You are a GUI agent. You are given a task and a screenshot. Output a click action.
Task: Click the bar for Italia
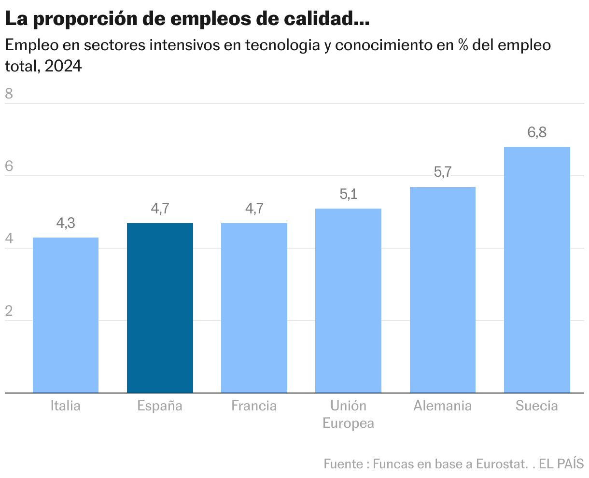point(66,315)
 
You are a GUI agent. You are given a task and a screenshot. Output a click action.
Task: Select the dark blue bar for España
point(160,308)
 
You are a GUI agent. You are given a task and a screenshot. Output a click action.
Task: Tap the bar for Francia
point(254,308)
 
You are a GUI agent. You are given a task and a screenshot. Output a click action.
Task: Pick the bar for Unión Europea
point(348,300)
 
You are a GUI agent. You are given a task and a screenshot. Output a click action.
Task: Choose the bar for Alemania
point(442,290)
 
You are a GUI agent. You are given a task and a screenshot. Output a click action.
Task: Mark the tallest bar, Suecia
point(537,269)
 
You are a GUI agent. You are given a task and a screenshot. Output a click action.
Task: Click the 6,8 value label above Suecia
point(537,132)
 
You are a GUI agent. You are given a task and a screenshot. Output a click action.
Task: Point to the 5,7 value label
point(442,172)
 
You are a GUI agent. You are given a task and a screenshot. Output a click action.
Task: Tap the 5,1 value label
point(348,194)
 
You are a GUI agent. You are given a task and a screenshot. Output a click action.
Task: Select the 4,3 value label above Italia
point(66,223)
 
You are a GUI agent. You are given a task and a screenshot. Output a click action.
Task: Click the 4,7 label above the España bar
point(160,209)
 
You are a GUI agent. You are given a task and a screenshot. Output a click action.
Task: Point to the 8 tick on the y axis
point(9,94)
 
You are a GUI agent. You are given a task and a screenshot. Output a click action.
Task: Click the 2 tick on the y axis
point(9,311)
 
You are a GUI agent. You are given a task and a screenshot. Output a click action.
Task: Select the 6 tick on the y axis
point(9,167)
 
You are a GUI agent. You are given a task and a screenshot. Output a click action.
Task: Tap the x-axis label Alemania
point(442,406)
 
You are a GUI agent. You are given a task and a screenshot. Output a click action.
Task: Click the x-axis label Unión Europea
point(348,414)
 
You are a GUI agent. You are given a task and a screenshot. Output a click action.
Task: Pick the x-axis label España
point(160,406)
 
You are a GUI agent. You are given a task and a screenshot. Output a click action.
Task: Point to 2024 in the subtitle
point(63,66)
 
